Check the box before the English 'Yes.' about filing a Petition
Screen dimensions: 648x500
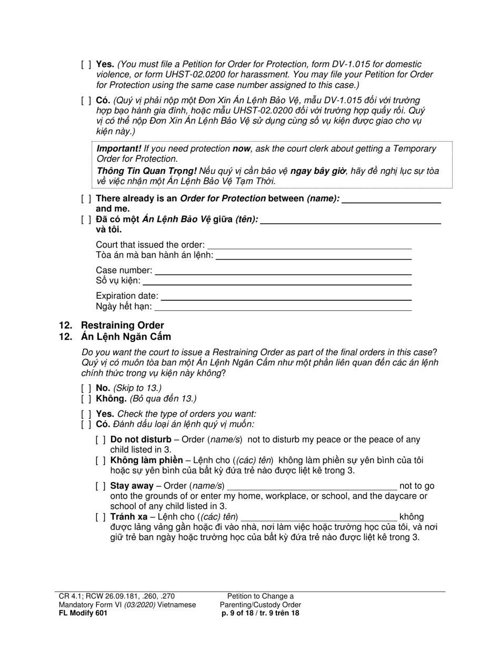tap(86, 64)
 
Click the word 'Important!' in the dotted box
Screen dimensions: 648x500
tap(118, 149)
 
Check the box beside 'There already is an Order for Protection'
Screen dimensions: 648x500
tap(86, 199)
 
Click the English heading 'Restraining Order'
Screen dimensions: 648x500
tap(122, 325)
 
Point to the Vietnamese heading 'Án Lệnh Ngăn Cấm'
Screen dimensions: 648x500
tap(126, 336)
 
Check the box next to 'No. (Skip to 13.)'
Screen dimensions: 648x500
tap(86, 388)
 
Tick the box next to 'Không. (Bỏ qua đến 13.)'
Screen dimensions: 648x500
tap(86, 399)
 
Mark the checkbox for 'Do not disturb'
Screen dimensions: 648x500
tap(101, 439)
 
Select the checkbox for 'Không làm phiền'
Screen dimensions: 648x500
tap(101, 460)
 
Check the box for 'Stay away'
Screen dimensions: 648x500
tap(101, 486)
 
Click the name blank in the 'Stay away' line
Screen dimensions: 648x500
tap(312, 486)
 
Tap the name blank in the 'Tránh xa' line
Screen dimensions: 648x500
tap(318, 517)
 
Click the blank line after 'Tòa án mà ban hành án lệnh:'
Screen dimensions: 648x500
tap(314, 256)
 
